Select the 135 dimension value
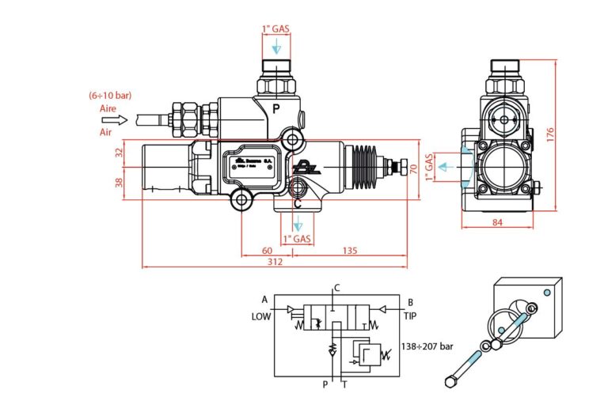[350, 251]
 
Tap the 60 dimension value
[267, 251]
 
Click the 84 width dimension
[497, 222]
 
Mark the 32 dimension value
[119, 153]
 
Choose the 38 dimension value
[119, 183]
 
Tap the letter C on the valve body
[297, 202]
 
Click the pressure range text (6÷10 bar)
[110, 95]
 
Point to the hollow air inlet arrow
[115, 120]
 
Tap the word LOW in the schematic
[261, 316]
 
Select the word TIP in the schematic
[410, 316]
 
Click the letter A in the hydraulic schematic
[264, 299]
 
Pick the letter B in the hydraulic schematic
[410, 301]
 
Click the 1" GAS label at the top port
[275, 29]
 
